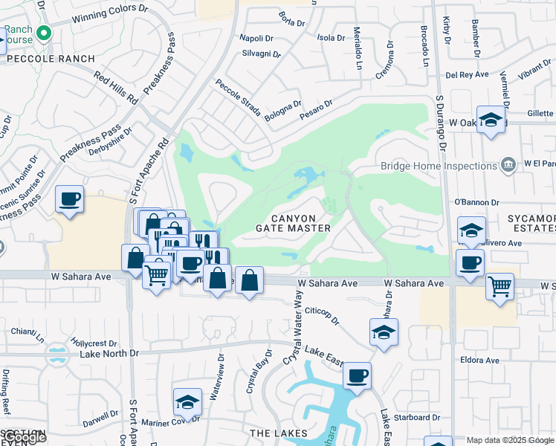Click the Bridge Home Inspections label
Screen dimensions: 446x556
point(439,166)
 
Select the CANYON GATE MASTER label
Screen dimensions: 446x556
point(293,222)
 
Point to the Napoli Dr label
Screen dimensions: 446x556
point(257,38)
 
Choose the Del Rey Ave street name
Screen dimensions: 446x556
point(467,75)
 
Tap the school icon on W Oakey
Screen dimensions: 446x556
point(491,120)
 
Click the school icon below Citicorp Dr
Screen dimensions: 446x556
point(384,332)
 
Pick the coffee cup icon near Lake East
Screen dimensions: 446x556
point(357,375)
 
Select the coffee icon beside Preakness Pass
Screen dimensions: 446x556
point(69,198)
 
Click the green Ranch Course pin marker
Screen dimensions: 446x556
point(44,33)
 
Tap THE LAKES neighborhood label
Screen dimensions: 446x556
point(279,433)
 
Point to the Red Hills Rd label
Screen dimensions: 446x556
point(117,88)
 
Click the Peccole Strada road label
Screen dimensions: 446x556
point(238,98)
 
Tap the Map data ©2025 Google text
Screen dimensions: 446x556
point(510,440)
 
